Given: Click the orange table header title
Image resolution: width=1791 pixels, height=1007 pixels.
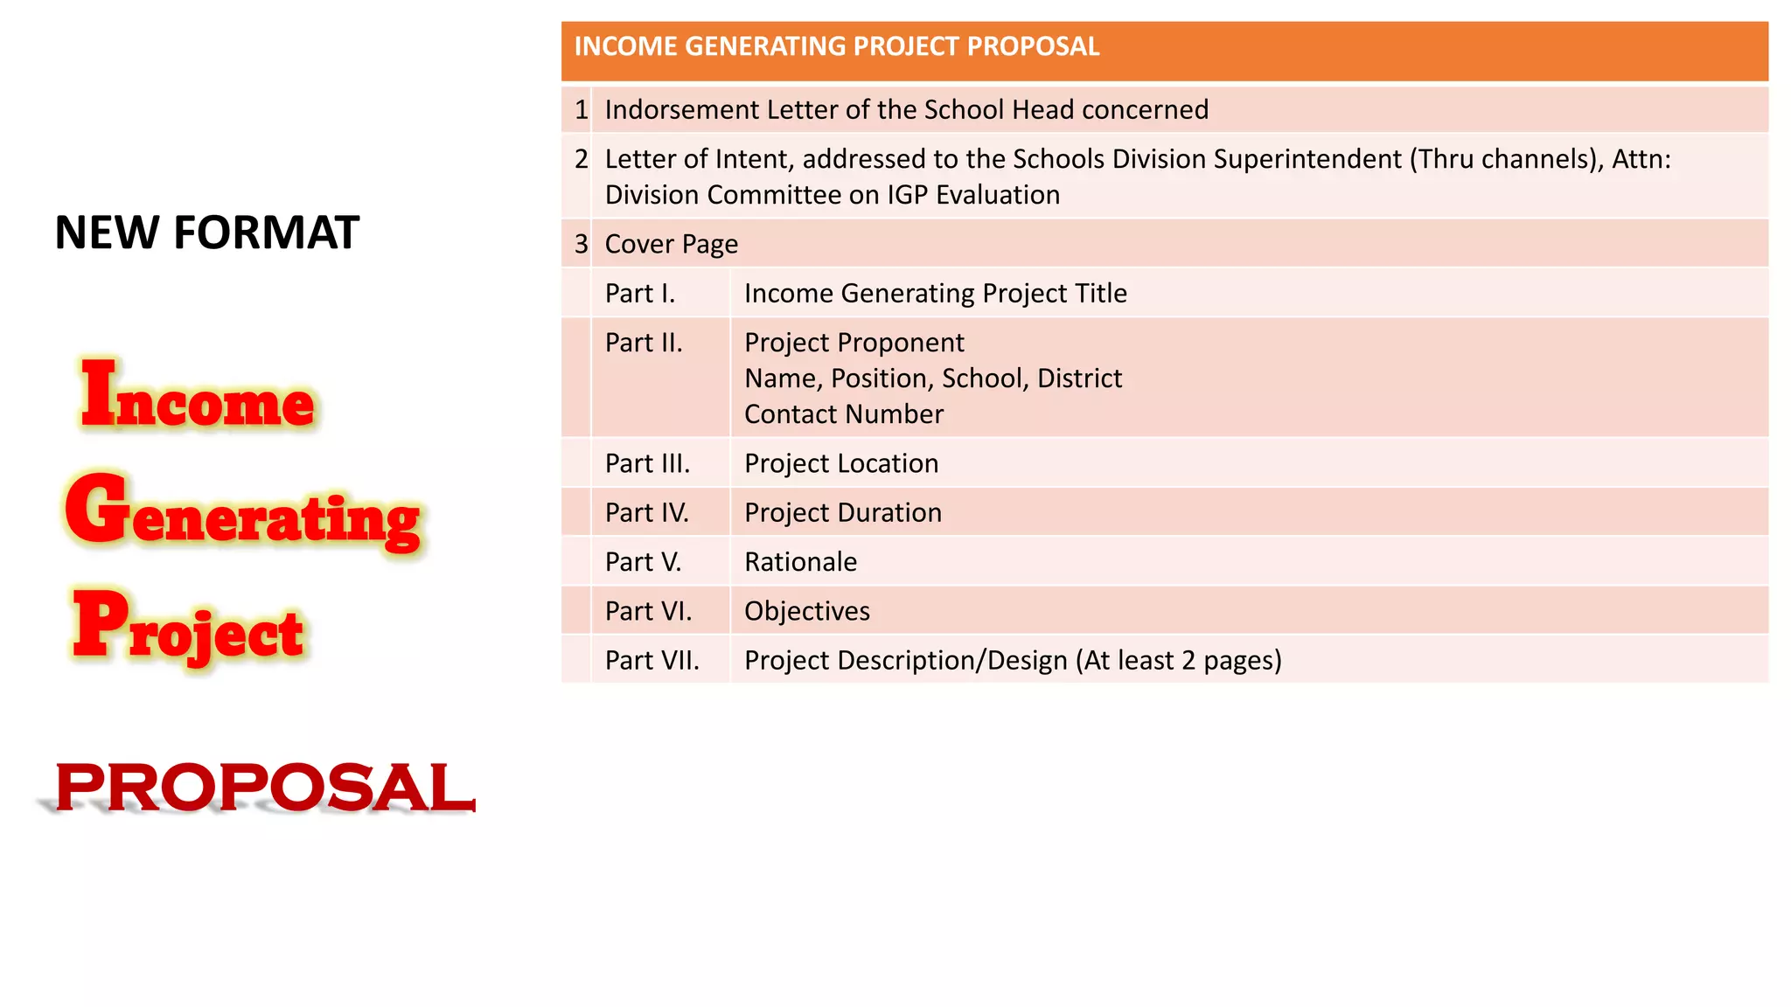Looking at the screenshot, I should (836, 46).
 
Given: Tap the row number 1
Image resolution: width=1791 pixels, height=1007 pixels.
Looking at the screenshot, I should (581, 110).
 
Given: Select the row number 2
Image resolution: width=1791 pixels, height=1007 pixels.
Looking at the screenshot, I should (581, 159).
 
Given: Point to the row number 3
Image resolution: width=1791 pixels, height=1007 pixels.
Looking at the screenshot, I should (581, 244).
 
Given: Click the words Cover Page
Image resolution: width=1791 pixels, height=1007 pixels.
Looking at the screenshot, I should (671, 244).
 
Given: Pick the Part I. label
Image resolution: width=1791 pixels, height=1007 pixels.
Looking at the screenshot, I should (639, 294).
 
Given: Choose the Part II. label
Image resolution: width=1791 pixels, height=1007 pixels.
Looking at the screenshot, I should (643, 343).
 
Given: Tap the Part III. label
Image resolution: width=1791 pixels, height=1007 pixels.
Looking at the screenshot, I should (647, 463).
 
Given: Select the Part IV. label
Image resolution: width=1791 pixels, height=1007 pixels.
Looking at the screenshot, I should (646, 512).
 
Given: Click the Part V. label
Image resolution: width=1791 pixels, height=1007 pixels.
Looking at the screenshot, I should (643, 562).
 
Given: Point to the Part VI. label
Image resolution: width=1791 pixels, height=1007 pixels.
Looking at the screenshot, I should (648, 611).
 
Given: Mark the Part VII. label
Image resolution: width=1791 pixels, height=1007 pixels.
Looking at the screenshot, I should (652, 660).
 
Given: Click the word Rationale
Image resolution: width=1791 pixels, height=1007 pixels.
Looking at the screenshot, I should (800, 562).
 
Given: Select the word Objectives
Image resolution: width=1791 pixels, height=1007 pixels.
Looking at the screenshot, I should (806, 611).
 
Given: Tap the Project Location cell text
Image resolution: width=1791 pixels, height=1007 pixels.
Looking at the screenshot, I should (840, 463).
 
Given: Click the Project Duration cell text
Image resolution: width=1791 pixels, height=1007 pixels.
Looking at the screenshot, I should (842, 512).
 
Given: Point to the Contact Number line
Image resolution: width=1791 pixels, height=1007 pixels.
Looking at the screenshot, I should (843, 414).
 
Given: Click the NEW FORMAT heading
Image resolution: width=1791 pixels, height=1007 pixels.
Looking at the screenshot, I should (206, 233).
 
